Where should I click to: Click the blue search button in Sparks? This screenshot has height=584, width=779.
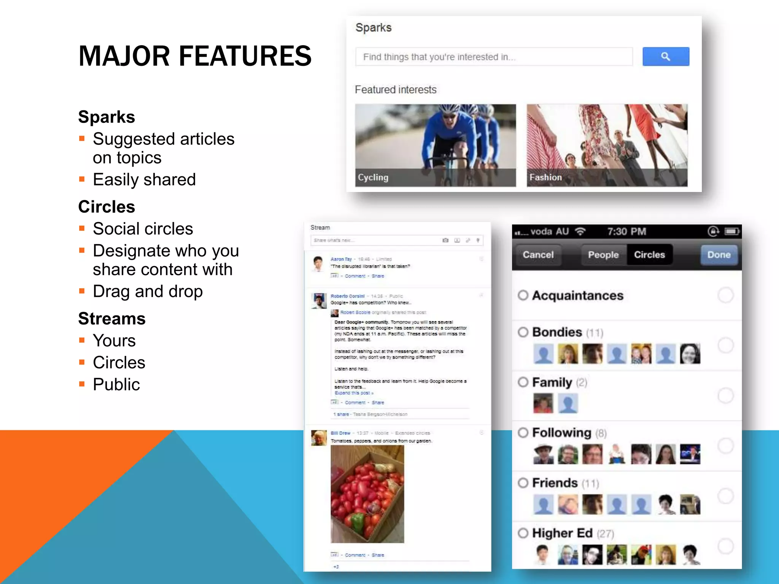tap(666, 57)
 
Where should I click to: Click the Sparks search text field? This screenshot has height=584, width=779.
tap(494, 57)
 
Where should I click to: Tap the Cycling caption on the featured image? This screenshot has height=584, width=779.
tap(373, 178)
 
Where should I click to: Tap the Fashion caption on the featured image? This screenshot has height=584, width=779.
tap(545, 178)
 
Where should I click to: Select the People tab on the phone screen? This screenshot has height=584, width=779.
tap(603, 255)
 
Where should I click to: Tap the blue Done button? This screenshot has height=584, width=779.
tap(719, 255)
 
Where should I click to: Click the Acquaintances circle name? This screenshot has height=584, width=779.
tap(577, 296)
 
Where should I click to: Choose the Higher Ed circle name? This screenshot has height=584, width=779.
tap(562, 533)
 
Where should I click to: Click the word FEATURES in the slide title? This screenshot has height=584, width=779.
tap(245, 56)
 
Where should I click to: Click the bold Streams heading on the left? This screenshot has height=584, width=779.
tap(112, 319)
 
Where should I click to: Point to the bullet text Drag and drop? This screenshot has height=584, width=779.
tap(148, 292)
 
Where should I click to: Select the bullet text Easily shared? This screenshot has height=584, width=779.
tap(144, 179)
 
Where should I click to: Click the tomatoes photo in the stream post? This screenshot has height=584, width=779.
tap(367, 494)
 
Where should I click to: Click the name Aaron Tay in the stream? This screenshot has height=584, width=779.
tap(341, 259)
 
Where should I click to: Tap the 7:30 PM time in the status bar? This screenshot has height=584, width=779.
tap(626, 232)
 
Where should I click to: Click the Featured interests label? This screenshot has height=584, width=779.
tap(396, 90)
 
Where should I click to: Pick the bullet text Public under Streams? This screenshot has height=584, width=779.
tap(116, 384)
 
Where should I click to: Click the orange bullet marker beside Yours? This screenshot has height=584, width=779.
tap(82, 340)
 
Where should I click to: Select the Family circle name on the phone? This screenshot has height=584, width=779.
tap(552, 382)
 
